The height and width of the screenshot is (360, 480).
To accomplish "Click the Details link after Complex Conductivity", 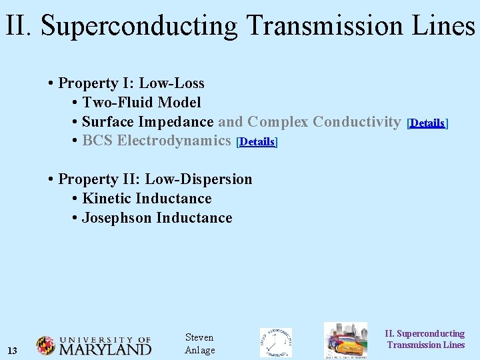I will (x=427, y=123).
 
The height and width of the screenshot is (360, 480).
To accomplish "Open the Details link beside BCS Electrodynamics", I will (x=257, y=142).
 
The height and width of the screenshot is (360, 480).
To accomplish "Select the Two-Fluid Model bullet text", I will (x=141, y=103).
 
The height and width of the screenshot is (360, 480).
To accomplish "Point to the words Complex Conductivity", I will (x=323, y=122).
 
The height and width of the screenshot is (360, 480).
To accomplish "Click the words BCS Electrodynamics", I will (x=156, y=141).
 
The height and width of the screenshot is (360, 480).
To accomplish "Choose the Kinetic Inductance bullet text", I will (x=146, y=199).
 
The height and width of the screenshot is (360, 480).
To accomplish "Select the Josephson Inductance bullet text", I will (x=157, y=218).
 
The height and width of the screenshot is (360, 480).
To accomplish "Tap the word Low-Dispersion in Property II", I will (x=199, y=179).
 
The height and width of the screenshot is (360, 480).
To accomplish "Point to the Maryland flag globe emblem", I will (x=46, y=345).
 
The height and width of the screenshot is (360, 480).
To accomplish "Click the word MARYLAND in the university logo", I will (x=105, y=349).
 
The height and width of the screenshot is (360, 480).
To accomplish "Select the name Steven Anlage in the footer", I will (x=199, y=344).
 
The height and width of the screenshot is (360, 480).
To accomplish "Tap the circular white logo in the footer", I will (x=275, y=342).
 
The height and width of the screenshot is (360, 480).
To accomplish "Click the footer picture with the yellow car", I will (x=345, y=341).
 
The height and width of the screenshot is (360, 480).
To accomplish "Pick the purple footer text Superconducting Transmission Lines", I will (x=425, y=339).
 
